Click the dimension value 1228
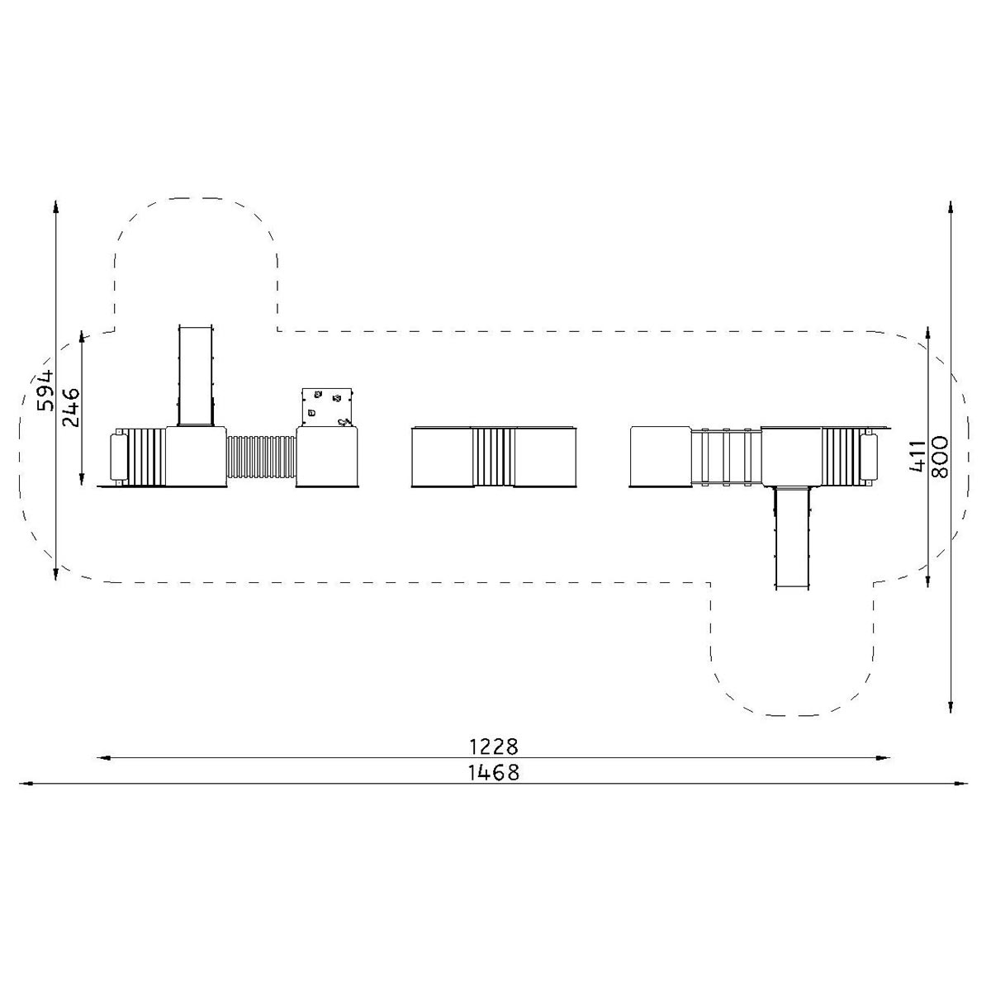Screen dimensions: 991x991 click(494, 747)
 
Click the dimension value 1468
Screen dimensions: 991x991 click(494, 772)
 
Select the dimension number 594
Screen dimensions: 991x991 click(45, 391)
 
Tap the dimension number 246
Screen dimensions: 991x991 click(70, 408)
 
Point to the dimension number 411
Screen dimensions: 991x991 click(917, 456)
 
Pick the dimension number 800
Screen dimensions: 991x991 click(940, 458)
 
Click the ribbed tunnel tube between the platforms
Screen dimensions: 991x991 click(261, 457)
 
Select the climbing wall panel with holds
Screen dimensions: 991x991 click(327, 407)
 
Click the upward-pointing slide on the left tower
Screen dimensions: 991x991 click(196, 376)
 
